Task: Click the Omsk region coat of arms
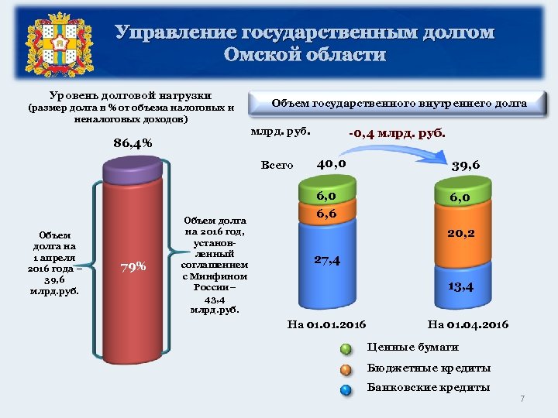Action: (55, 44)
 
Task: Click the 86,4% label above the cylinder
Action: (133, 143)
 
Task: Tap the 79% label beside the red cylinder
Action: (133, 267)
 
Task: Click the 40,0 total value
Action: (331, 163)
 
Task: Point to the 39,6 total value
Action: (465, 165)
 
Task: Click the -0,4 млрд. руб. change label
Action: (397, 133)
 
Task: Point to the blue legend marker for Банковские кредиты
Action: (346, 389)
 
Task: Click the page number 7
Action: (522, 399)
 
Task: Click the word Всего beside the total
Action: (277, 165)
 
